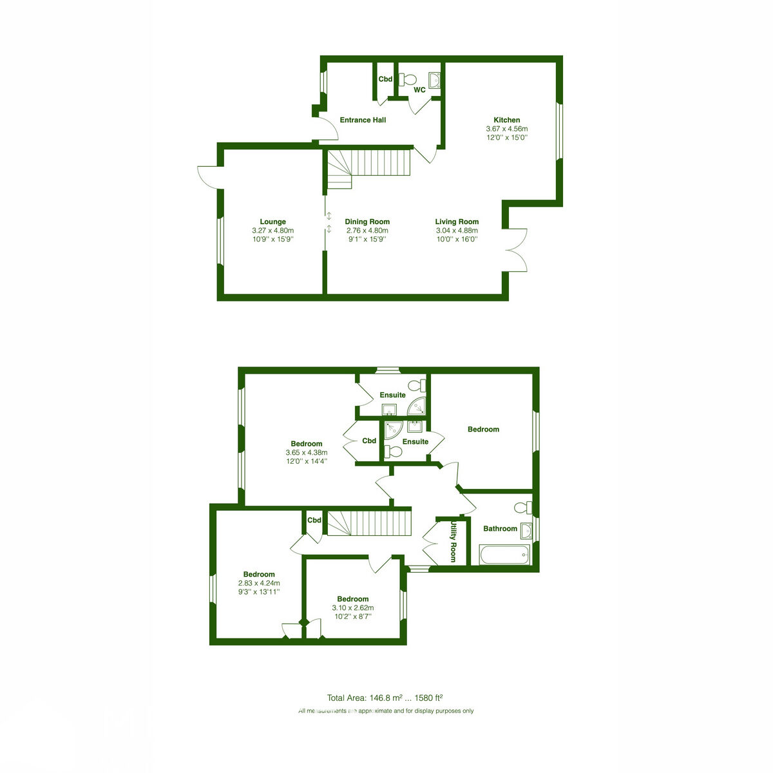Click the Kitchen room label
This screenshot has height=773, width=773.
[x=507, y=120]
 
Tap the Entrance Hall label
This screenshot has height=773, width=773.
[x=363, y=120]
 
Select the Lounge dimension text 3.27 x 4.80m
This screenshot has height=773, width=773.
[x=272, y=231]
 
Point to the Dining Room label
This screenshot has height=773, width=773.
[x=367, y=222]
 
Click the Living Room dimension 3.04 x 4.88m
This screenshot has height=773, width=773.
[x=457, y=231]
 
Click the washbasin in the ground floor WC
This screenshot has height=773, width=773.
[x=434, y=81]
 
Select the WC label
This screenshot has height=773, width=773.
[x=419, y=90]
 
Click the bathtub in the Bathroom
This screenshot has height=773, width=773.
[x=505, y=555]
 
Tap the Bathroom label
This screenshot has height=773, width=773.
[x=500, y=529]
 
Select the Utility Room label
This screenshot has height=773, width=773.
[x=453, y=542]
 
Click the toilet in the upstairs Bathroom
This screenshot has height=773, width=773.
[x=523, y=508]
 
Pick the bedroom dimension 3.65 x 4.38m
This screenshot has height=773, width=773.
[x=307, y=452]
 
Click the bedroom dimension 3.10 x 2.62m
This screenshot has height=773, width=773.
[x=352, y=607]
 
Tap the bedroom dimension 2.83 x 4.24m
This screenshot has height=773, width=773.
[x=259, y=583]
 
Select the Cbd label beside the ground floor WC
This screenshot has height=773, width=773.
[x=385, y=79]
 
